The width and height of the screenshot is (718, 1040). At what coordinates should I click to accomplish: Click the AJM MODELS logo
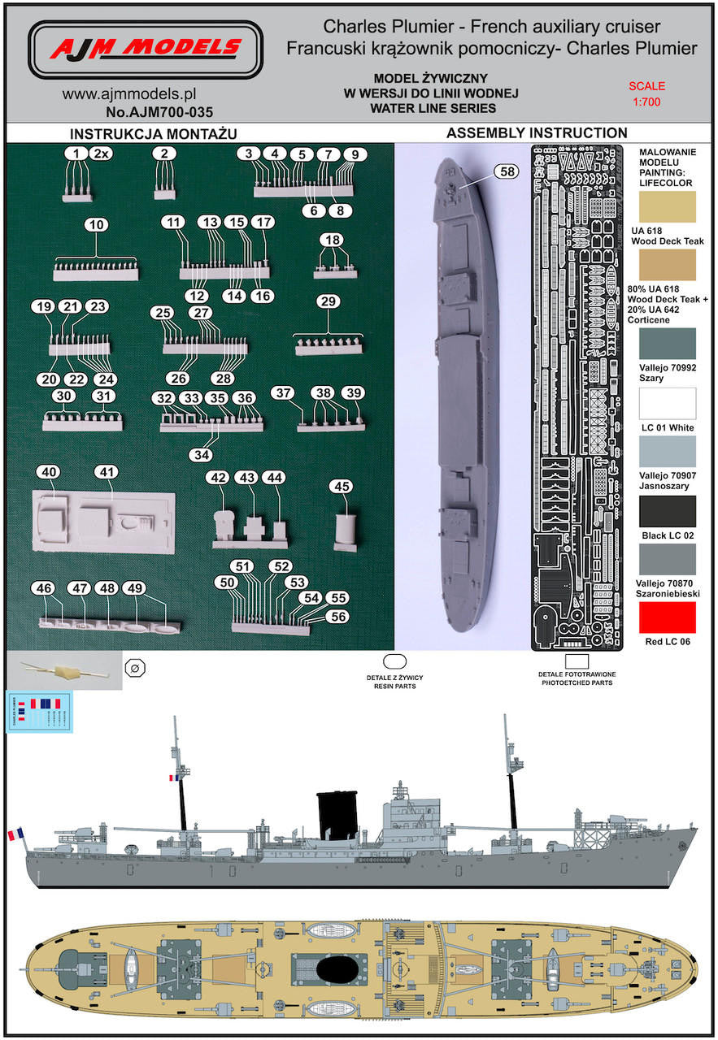coord(146,50)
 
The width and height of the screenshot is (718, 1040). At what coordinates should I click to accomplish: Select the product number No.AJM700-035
coord(159,112)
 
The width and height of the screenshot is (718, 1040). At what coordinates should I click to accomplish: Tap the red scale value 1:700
coord(646,103)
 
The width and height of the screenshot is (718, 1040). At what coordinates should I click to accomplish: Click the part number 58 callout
coord(507,171)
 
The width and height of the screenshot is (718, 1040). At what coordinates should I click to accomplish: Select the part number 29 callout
coord(329,302)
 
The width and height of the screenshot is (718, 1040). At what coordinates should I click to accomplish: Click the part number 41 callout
coord(107,471)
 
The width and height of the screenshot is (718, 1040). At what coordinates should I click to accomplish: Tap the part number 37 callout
coord(283,393)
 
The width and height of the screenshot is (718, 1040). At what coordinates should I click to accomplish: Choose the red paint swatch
coord(668,617)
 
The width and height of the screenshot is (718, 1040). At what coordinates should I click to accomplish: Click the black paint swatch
coord(668,512)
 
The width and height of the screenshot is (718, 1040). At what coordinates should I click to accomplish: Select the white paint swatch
coord(668,404)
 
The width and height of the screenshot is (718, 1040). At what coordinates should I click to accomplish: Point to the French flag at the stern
coord(15,834)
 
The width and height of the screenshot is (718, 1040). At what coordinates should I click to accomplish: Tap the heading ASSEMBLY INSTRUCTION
coord(537,133)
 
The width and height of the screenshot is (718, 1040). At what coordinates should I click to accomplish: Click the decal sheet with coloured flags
coord(39,712)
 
